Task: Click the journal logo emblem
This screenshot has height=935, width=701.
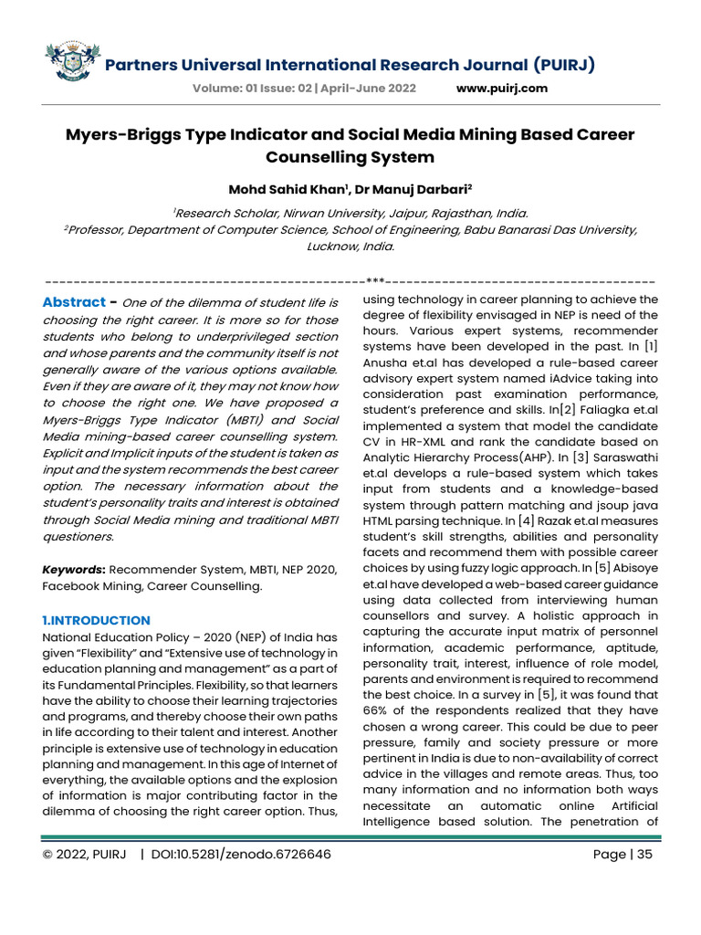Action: pyautogui.click(x=72, y=62)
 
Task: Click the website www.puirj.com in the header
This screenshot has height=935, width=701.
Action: pyautogui.click(x=501, y=89)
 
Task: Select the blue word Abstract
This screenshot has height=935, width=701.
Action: pyautogui.click(x=75, y=302)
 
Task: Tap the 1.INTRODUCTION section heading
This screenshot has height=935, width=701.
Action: pyautogui.click(x=96, y=620)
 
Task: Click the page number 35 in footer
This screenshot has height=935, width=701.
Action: pyautogui.click(x=644, y=855)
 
